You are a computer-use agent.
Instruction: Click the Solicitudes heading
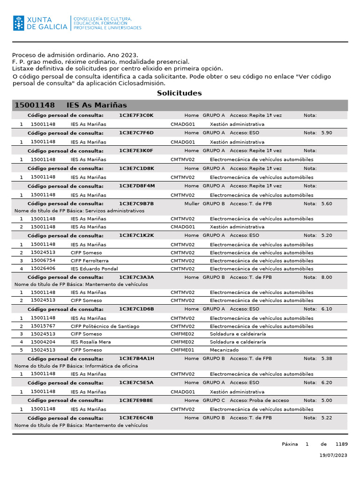[179, 93]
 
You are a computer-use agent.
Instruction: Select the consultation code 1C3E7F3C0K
[136, 115]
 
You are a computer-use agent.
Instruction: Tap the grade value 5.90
[327, 133]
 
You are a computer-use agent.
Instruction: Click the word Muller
[192, 203]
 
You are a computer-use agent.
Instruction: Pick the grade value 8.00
[327, 277]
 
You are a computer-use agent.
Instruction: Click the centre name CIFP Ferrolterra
[90, 261]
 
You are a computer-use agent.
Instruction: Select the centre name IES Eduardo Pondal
[94, 269]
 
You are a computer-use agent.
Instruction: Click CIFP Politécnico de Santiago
[105, 326]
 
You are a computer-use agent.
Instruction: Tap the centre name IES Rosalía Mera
[91, 342]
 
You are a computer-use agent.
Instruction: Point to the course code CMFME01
[182, 350]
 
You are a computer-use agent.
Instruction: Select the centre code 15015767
[43, 326]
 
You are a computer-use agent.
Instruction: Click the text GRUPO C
[214, 400]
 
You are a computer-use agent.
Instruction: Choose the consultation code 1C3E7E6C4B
[136, 418]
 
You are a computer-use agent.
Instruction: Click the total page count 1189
[341, 444]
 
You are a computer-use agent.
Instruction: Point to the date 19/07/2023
[333, 455]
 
